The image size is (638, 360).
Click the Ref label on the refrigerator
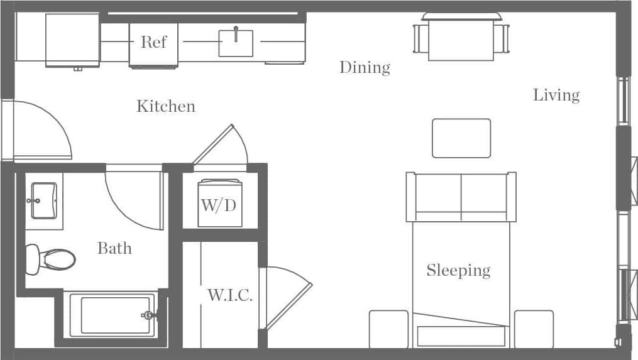coord(153,42)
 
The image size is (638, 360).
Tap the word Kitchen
coord(166,106)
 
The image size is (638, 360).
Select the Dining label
coord(365,67)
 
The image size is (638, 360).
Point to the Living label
coord(556,95)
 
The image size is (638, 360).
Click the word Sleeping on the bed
coord(458,270)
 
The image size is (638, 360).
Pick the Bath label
coord(114,248)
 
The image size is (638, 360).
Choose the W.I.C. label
coord(229,295)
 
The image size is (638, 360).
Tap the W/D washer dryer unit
coord(219,204)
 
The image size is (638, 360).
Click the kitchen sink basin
coord(236,43)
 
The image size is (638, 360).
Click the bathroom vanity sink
coord(43,200)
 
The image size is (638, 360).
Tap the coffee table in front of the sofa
coord(461,138)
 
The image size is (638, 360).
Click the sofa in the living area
coord(461,197)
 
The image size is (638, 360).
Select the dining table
coord(461,39)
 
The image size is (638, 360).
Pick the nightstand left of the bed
coord(388,329)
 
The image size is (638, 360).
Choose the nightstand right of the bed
coord(534,329)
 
